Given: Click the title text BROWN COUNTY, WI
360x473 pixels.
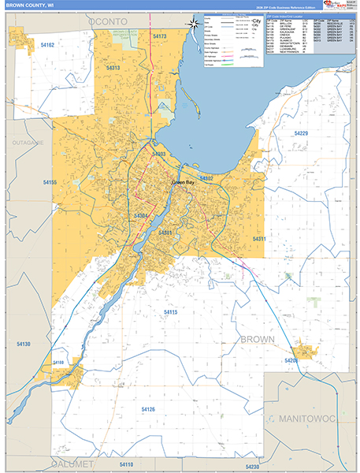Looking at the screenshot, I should tap(29, 5).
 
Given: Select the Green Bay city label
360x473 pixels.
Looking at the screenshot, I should tap(183, 183).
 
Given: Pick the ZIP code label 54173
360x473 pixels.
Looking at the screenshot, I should tap(160, 37).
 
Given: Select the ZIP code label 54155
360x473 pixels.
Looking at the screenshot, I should tap(50, 183).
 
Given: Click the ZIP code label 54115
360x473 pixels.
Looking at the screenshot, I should tap(171, 312).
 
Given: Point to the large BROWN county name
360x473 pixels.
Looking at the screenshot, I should tap(258, 339).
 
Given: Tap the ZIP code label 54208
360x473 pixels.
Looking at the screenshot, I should tap(291, 360).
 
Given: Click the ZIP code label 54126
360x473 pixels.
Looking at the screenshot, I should tap(148, 409).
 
